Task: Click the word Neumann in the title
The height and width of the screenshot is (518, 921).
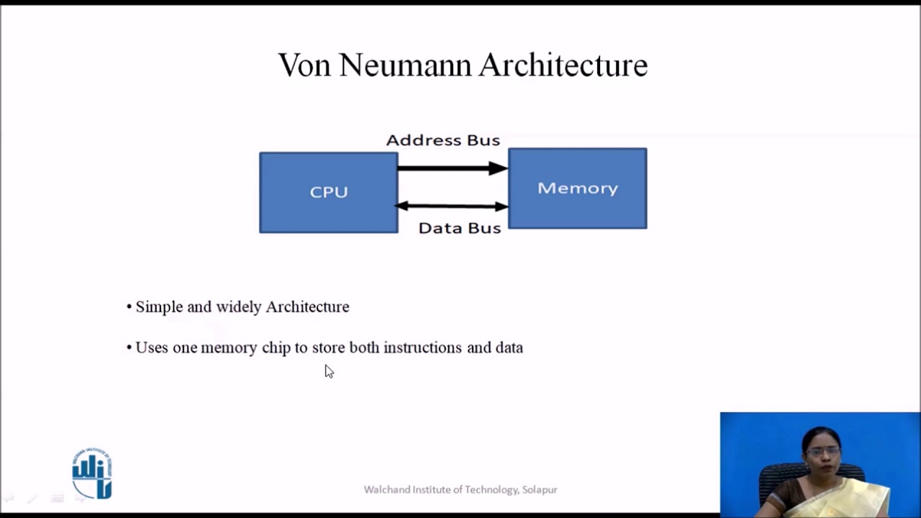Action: click(406, 65)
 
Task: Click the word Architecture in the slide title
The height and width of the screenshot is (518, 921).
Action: click(563, 65)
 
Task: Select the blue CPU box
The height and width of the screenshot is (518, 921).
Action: click(328, 193)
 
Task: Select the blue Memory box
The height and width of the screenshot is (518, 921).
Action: click(577, 188)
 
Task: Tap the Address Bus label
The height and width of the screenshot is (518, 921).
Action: click(443, 140)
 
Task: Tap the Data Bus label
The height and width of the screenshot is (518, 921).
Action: click(459, 228)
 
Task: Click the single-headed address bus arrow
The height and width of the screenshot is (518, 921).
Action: click(452, 168)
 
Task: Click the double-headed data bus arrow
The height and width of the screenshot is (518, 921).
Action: click(452, 206)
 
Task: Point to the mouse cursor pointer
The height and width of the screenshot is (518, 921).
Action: click(328, 371)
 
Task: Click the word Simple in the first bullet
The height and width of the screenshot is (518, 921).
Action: click(159, 307)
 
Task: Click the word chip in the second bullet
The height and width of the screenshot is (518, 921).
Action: click(276, 348)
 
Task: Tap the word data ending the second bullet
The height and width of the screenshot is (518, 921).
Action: click(509, 347)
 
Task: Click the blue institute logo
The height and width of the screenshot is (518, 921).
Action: click(92, 474)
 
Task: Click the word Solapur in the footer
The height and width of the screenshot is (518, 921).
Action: click(540, 490)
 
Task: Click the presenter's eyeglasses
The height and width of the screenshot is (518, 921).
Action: click(822, 451)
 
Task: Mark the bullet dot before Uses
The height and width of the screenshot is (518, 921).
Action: click(130, 348)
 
